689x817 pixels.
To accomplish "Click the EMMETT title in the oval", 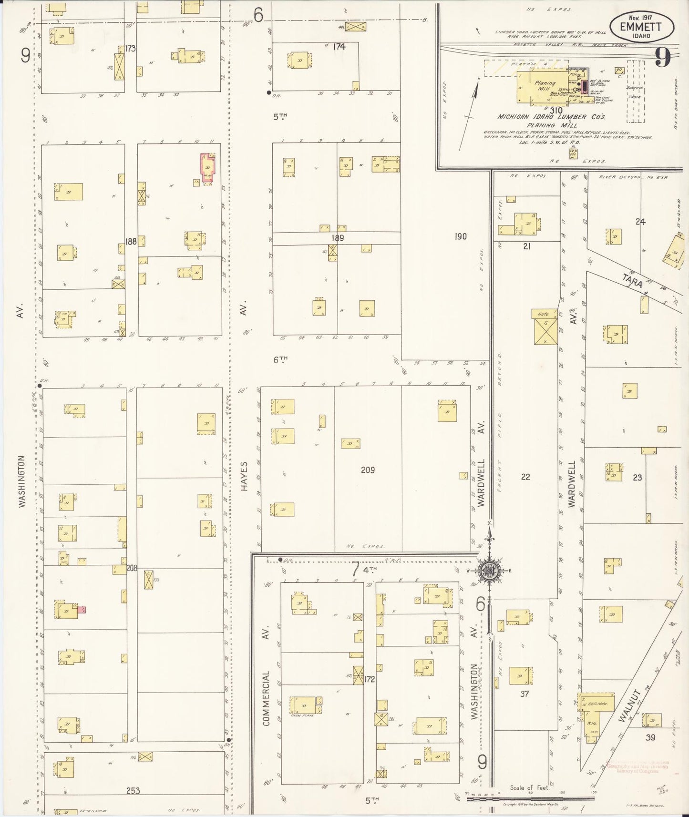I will [640, 27].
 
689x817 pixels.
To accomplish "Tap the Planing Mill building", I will [545, 86].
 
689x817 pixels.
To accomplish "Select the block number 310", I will [555, 110].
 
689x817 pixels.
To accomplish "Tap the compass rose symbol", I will [489, 570].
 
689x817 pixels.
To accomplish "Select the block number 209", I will [368, 470].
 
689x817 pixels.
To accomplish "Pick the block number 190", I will [461, 236].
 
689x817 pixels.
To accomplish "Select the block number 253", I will [133, 790].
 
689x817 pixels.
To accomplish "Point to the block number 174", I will [339, 47].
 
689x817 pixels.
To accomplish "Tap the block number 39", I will [650, 737].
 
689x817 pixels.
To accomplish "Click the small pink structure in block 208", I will [82, 609].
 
